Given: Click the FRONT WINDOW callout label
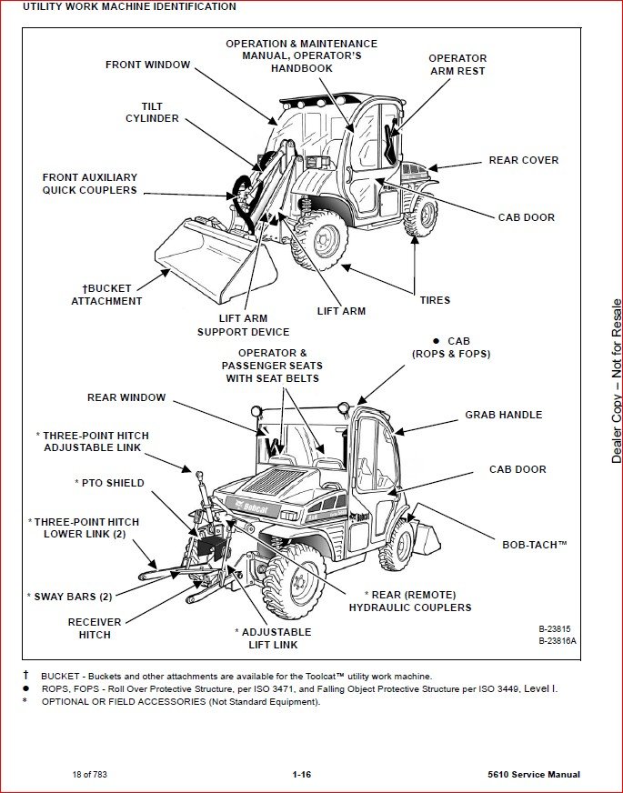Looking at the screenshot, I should coord(147,65).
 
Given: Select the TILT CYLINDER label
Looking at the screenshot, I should coord(152,113).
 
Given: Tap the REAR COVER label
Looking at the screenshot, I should coord(524,160).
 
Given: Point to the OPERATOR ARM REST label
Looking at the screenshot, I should coord(457,65).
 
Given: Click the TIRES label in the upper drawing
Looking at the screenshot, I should coord(435,300).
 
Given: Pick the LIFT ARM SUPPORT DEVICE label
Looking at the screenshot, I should coord(244,326).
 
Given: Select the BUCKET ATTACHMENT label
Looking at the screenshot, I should coord(107,295).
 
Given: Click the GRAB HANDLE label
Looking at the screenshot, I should coord(503,415).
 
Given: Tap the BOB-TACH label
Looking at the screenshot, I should coord(535,545).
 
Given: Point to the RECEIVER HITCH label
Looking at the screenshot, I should coord(95,628).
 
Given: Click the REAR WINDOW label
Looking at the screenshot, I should coord(126,397).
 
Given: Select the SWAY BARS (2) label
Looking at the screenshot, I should coord(69,597).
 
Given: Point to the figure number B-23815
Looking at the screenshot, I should coord(557,628).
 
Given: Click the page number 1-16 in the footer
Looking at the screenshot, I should coord(302,775).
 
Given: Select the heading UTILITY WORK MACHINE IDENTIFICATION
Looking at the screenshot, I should coord(129,6).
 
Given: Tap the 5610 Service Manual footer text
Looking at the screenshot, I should coord(534,775).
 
